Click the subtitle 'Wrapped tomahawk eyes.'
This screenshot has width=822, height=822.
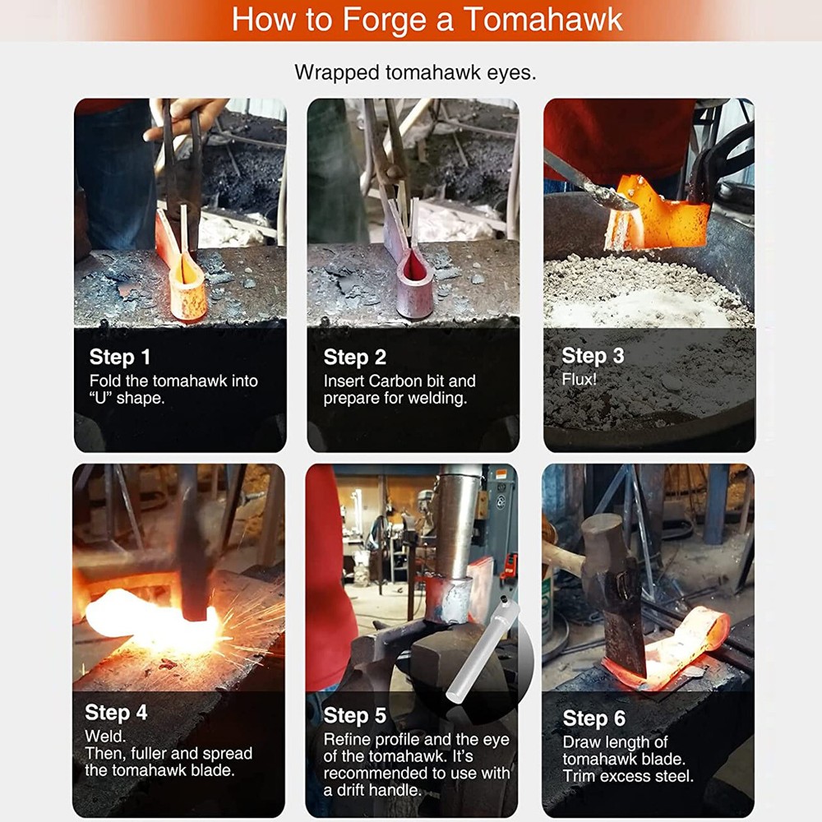pyautogui.click(x=415, y=72)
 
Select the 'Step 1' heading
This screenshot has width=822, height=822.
pyautogui.click(x=120, y=358)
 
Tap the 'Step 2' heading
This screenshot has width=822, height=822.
pyautogui.click(x=354, y=358)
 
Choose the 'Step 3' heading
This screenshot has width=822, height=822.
pyautogui.click(x=593, y=356)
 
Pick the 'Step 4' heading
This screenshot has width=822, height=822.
pyautogui.click(x=116, y=712)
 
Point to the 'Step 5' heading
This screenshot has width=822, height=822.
pyautogui.click(x=354, y=715)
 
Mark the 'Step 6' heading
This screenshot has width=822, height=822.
pyautogui.click(x=593, y=718)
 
